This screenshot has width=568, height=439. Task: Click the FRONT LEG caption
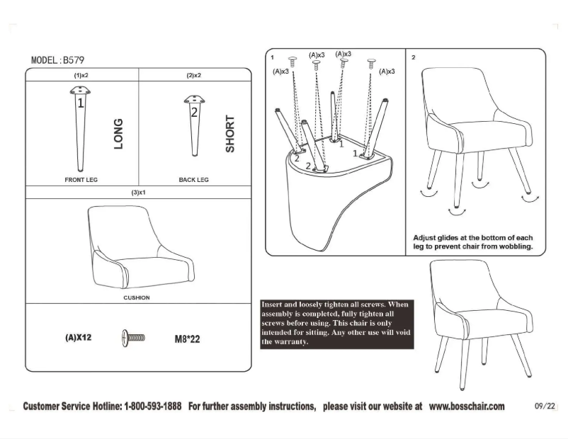(x=81, y=180)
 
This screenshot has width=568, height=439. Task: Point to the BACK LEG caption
(x=193, y=180)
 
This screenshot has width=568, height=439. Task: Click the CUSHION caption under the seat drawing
(x=137, y=297)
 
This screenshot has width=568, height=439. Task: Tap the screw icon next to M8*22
(x=133, y=338)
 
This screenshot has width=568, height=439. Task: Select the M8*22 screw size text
(x=187, y=339)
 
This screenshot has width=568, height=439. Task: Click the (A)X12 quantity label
(x=79, y=338)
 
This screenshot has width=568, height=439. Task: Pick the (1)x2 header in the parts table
(x=81, y=75)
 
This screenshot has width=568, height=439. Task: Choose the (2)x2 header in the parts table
(x=194, y=75)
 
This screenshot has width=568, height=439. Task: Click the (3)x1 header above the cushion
(x=138, y=193)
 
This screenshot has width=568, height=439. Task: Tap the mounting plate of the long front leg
(x=81, y=91)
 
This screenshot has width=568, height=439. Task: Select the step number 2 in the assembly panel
(x=413, y=57)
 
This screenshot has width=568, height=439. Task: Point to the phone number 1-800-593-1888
(x=153, y=406)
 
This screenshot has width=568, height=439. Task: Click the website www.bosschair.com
(x=467, y=406)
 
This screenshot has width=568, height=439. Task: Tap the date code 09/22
(x=545, y=406)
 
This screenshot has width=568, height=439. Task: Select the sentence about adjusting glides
(x=473, y=243)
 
